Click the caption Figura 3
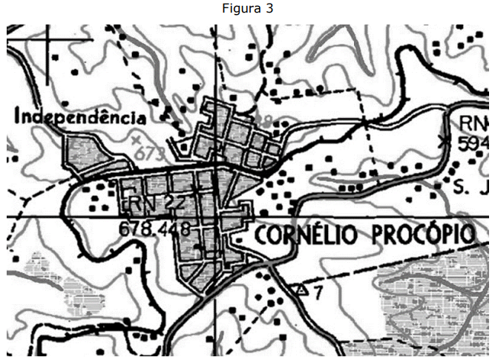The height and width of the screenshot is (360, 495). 247,8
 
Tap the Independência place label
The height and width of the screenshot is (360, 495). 79,117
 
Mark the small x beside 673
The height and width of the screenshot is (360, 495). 135,140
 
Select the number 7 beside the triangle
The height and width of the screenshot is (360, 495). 318,292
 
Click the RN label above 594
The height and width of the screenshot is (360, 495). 474,122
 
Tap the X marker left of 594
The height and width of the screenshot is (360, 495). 445,139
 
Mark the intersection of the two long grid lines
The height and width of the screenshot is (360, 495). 216,216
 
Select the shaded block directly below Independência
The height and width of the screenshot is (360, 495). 85,152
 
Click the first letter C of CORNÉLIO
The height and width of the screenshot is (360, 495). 261,235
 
